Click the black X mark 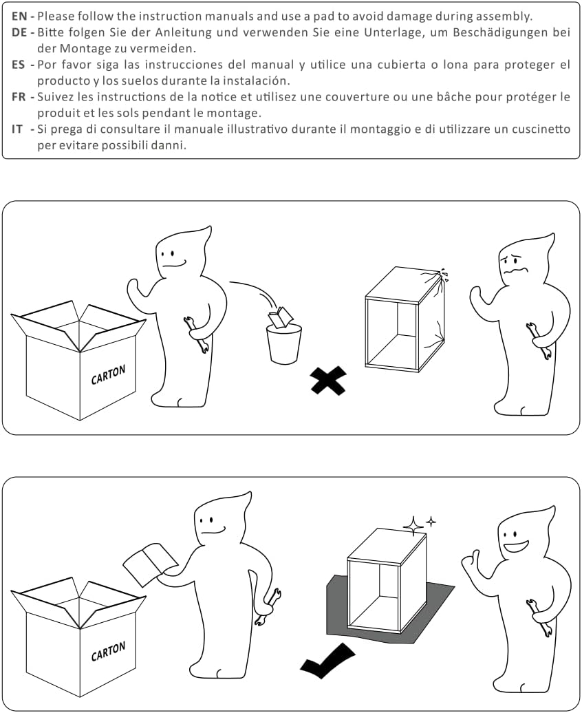328,380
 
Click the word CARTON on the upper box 108,374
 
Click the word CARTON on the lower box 108,651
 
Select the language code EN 19,17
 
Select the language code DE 19,32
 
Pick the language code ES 19,65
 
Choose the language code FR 19,97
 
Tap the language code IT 17,129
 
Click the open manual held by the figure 151,563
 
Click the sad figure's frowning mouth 516,271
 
